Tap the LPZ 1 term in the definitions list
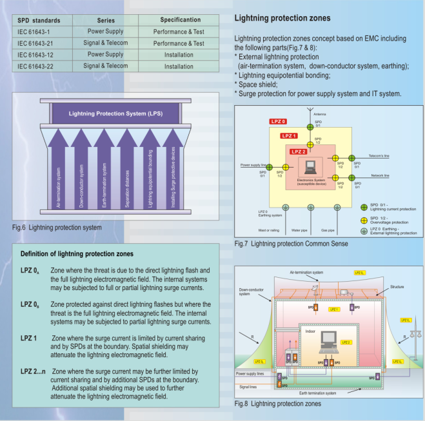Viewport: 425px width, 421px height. (31, 338)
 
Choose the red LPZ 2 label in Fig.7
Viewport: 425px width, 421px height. (299, 152)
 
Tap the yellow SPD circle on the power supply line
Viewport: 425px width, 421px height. (286, 167)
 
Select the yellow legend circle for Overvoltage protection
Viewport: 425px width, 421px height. (364, 219)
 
